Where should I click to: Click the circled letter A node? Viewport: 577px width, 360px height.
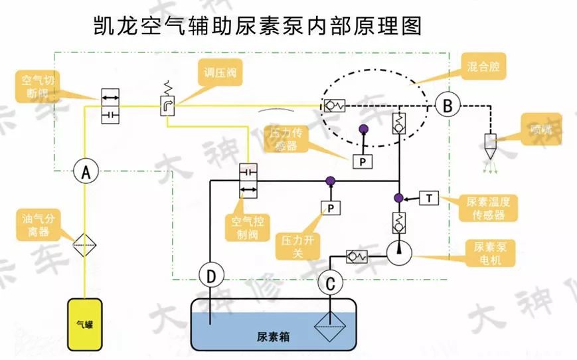(x=85, y=172)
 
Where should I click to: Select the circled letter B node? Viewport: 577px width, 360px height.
(x=448, y=105)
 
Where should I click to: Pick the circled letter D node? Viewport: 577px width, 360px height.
(x=210, y=275)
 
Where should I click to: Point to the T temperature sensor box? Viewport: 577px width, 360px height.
(x=430, y=197)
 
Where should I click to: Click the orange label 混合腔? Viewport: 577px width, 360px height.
(x=483, y=68)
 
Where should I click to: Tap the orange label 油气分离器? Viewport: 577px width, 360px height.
(x=38, y=226)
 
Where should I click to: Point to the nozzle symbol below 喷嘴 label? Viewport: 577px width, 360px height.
(x=492, y=146)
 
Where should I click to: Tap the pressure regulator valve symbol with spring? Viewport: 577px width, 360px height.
(x=167, y=104)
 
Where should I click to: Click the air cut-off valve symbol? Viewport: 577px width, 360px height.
(x=110, y=105)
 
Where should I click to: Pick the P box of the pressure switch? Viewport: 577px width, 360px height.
(x=330, y=209)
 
